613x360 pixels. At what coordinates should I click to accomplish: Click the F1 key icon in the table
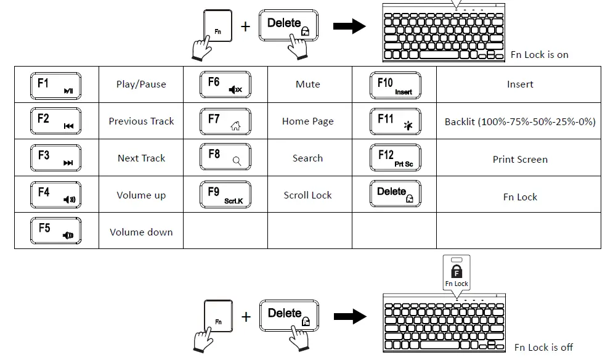[55, 86]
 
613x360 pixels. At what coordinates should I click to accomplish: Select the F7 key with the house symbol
[225, 121]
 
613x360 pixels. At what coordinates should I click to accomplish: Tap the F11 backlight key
[396, 121]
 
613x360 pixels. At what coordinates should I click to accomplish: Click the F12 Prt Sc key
[396, 158]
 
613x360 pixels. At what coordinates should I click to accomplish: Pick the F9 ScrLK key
[225, 194]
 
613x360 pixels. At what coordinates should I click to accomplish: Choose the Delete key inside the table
[396, 194]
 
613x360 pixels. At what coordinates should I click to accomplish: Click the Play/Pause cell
[141, 84]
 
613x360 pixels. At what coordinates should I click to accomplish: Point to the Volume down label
[141, 232]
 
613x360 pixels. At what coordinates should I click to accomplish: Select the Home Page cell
[307, 121]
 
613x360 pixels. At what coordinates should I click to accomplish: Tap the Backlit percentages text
[520, 121]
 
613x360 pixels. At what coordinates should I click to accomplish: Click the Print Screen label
[520, 160]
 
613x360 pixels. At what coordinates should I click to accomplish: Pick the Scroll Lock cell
[307, 195]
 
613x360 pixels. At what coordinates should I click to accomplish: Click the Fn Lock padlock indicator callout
[457, 272]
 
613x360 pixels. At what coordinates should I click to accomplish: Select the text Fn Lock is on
[540, 55]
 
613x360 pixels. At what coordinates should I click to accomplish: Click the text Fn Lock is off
[543, 348]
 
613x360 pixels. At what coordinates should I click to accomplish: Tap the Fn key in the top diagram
[217, 26]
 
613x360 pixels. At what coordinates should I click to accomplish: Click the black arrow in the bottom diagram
[351, 316]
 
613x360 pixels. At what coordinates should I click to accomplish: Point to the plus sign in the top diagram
[246, 27]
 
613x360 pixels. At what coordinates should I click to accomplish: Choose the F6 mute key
[225, 84]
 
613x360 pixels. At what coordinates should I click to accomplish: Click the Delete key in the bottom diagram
[289, 316]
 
